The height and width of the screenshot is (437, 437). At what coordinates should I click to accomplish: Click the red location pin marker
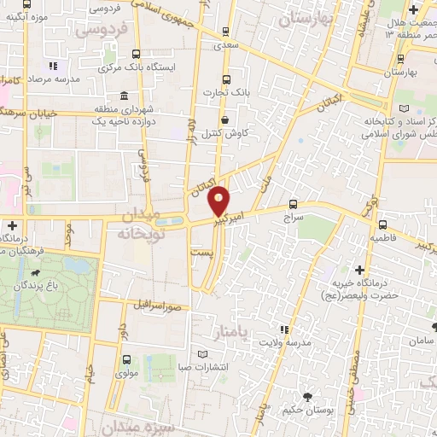pyautogui.click(x=219, y=199)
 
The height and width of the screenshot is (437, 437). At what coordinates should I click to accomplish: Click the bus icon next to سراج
pyautogui.click(x=294, y=204)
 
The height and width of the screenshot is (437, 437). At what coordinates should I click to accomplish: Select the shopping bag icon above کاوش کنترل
pyautogui.click(x=224, y=120)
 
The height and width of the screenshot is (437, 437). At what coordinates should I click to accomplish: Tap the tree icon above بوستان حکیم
pyautogui.click(x=307, y=395)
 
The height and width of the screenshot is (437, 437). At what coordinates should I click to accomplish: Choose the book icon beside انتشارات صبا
pyautogui.click(x=202, y=354)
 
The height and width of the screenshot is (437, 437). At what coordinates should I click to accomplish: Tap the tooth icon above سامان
pyautogui.click(x=434, y=327)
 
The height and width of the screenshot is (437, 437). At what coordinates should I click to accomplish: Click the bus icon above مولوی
pyautogui.click(x=126, y=359)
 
